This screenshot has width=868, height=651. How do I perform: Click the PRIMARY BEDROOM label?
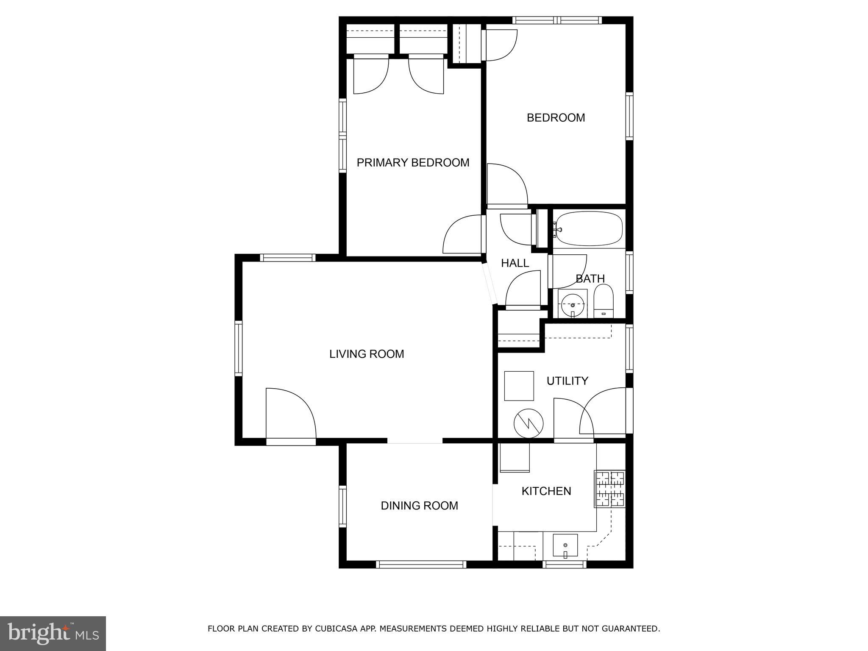click(x=413, y=163)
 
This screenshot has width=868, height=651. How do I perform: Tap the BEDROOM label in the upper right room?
click(x=556, y=118)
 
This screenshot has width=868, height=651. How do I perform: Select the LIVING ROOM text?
click(x=367, y=354)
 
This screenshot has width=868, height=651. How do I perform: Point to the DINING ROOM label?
click(x=419, y=506)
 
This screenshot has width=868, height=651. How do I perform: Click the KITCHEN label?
click(x=546, y=491)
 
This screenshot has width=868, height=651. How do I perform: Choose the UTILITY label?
click(x=567, y=381)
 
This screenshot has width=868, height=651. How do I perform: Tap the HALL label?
click(x=515, y=263)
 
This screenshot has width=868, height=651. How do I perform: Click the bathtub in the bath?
click(x=589, y=229)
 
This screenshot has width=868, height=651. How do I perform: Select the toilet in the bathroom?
click(x=604, y=301)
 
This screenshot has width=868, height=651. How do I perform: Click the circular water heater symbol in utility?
click(x=529, y=423)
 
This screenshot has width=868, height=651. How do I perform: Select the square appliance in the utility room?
click(x=519, y=386)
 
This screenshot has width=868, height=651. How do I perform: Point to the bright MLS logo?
click(x=53, y=634)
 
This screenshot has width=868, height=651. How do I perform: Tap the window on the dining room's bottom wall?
click(x=421, y=564)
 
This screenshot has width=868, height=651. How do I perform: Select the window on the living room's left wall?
click(x=239, y=349)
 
